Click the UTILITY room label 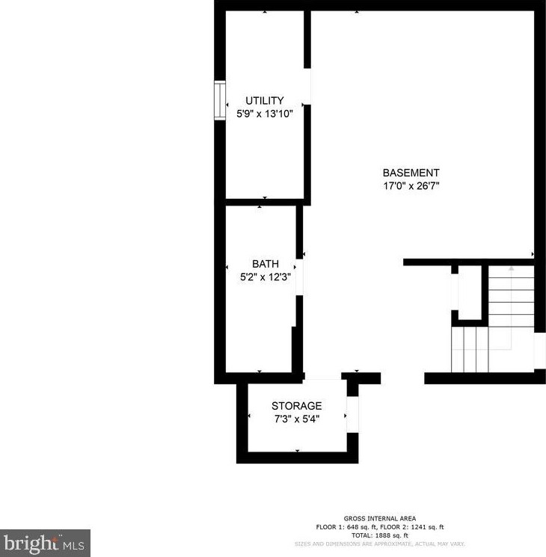pos(265,101)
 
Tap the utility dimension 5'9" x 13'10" pos(265,114)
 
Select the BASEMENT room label pos(411,173)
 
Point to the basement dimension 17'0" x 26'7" pos(411,185)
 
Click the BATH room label pos(265,264)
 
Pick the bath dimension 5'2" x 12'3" pos(265,276)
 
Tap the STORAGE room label pos(296,406)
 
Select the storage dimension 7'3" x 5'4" pos(296,419)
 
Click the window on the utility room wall pos(220,101)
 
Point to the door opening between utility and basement pos(307,87)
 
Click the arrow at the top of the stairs pos(512,267)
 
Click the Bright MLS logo pos(45,543)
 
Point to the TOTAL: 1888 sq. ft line pos(379,535)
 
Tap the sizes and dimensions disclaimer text pos(379,544)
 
